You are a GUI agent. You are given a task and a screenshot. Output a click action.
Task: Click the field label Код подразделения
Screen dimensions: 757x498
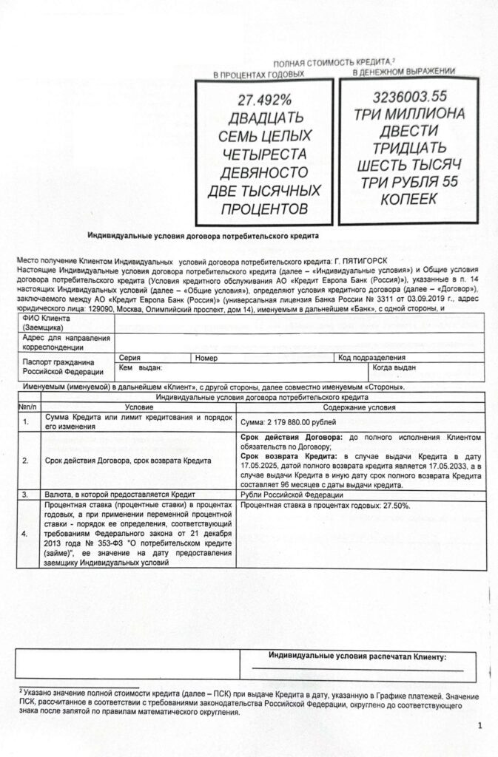pos(367,357)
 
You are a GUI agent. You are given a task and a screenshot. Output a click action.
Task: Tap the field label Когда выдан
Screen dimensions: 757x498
pos(394,367)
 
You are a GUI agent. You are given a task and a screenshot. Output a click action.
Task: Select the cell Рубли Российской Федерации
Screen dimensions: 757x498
pos(295,494)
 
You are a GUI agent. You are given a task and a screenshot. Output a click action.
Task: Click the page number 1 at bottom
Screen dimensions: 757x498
pos(480,725)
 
